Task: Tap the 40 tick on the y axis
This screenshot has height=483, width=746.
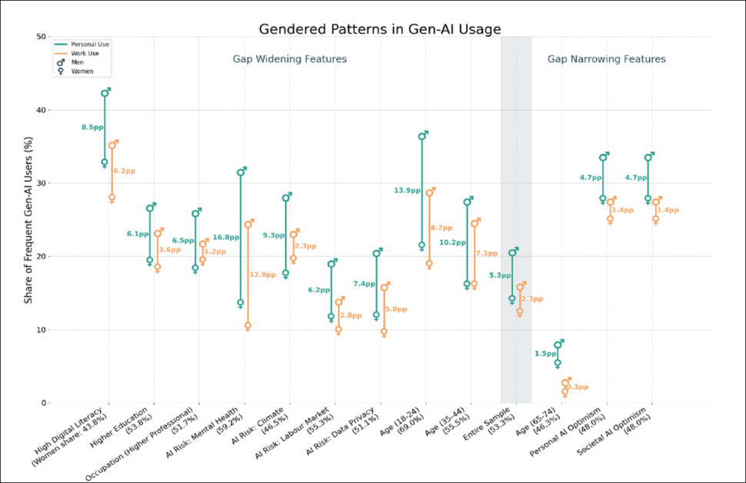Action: pyautogui.click(x=40, y=110)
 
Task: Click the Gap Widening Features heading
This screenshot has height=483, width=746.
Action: pyautogui.click(x=290, y=59)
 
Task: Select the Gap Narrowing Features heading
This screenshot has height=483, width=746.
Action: pyautogui.click(x=606, y=59)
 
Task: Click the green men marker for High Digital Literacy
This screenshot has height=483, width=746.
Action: pyautogui.click(x=105, y=93)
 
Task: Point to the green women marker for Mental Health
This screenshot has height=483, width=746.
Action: pyautogui.click(x=240, y=304)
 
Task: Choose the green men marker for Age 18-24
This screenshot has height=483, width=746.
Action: pyautogui.click(x=421, y=136)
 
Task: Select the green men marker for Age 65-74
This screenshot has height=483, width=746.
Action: pyautogui.click(x=558, y=345)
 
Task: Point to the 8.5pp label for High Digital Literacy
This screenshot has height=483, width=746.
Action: pyautogui.click(x=92, y=127)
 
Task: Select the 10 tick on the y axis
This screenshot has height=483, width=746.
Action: pyautogui.click(x=40, y=330)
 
